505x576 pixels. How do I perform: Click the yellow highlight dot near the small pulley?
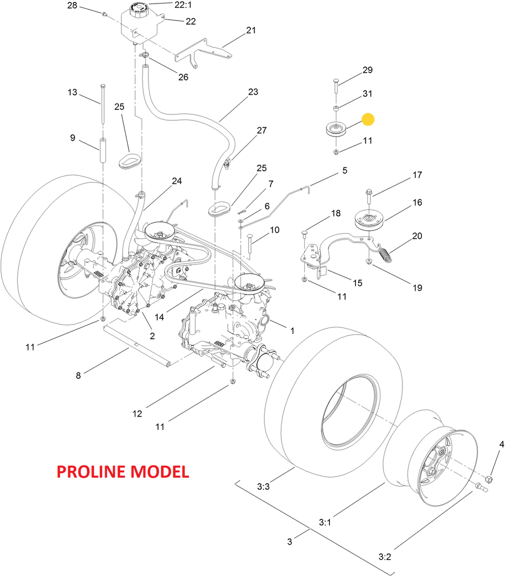(x=368, y=119)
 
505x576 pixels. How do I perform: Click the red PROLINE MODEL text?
(x=123, y=472)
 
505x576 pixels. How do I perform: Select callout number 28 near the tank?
(x=72, y=5)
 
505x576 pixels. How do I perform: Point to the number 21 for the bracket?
(x=251, y=31)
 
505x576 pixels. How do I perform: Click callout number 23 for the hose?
(x=253, y=92)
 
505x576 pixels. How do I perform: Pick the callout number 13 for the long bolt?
(x=72, y=92)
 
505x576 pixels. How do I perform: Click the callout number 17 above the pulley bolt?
(x=417, y=175)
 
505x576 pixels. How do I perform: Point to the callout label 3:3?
(x=263, y=486)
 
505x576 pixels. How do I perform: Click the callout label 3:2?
(x=385, y=557)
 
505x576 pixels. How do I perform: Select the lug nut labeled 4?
(x=490, y=478)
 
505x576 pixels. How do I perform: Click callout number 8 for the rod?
(x=78, y=375)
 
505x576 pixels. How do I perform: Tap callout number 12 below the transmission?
(x=137, y=413)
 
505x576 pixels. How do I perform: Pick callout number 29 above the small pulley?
(x=367, y=71)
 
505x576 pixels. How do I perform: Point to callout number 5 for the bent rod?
(x=344, y=171)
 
